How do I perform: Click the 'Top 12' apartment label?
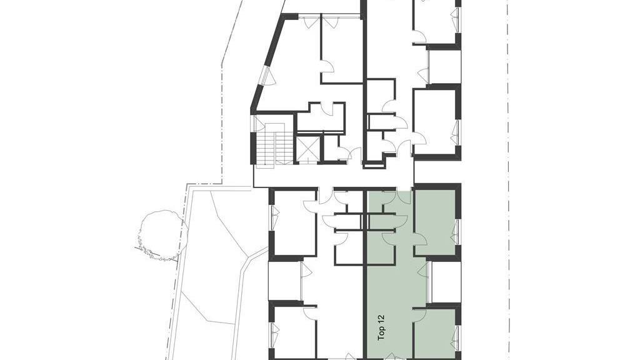(382, 327)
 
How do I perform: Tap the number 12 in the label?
(382, 318)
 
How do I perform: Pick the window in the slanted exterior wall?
(267, 76)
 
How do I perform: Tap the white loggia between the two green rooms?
(444, 282)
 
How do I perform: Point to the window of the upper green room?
(457, 232)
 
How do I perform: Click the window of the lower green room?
(457, 339)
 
